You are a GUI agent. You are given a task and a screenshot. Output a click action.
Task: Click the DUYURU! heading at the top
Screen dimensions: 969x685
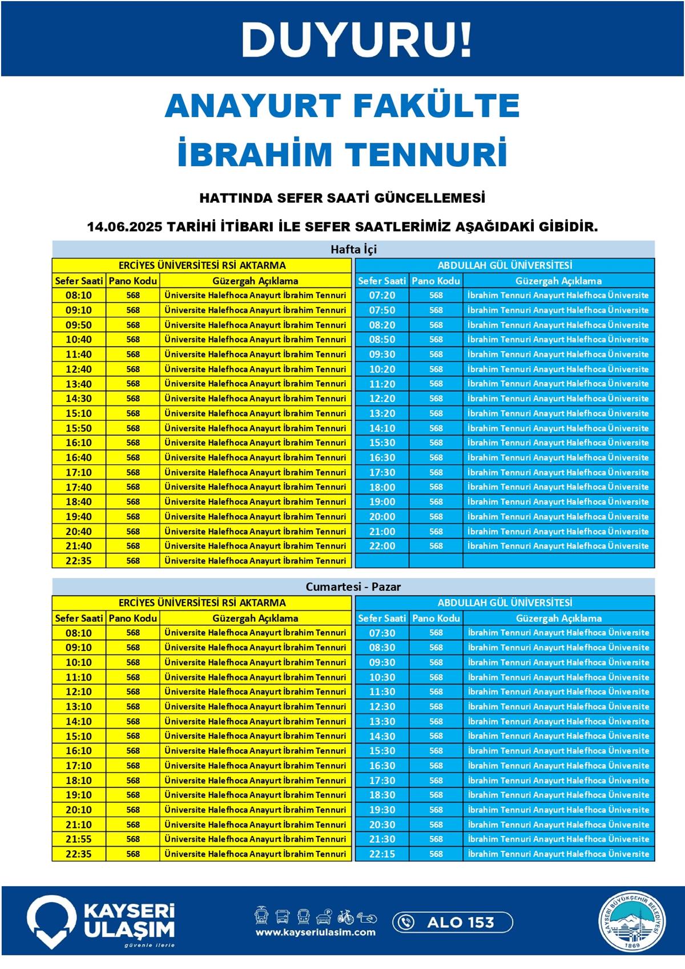point(357,40)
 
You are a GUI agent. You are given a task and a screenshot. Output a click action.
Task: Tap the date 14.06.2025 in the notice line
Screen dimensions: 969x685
point(124,227)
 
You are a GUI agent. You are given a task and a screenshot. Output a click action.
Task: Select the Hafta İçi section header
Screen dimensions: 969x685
point(353,250)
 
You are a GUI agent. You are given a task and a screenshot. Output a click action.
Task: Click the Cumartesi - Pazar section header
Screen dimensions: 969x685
point(353,586)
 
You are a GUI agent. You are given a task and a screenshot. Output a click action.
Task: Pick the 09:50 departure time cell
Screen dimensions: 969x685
point(79,325)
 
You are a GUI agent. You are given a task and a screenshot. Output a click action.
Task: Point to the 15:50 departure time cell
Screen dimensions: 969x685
point(79,428)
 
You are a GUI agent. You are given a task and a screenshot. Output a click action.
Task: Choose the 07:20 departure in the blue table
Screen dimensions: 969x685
point(382,295)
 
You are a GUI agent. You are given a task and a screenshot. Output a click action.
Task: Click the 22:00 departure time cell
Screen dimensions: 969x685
point(382,546)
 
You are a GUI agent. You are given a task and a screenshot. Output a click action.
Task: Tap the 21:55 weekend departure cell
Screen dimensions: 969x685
point(79,839)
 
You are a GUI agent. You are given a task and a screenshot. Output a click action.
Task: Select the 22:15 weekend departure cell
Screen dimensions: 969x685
point(382,854)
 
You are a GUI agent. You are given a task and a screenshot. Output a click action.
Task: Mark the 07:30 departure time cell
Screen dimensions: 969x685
point(382,633)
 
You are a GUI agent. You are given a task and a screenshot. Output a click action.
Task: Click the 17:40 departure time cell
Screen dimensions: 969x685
point(79,487)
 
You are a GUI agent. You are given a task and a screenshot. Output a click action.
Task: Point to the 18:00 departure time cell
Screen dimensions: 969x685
point(382,487)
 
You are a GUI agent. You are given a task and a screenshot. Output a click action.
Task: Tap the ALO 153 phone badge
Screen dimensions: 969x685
point(452,922)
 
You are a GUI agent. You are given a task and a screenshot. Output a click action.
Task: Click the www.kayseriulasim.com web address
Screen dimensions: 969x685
point(316,932)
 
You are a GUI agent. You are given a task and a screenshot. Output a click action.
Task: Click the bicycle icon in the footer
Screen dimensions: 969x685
point(345,917)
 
